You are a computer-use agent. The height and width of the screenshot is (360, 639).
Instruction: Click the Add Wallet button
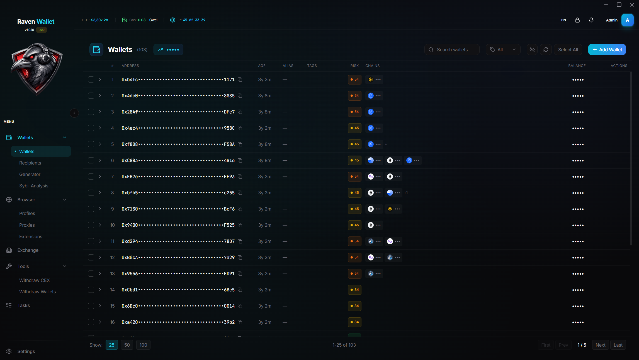(x=607, y=50)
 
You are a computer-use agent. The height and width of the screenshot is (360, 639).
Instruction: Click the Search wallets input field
(x=454, y=50)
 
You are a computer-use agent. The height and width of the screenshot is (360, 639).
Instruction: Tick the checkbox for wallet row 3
(x=91, y=112)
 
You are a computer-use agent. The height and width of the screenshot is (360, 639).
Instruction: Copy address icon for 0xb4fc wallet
(x=240, y=80)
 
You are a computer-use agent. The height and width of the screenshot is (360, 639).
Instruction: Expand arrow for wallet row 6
(x=100, y=160)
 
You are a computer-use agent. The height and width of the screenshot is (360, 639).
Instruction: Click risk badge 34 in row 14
(x=354, y=290)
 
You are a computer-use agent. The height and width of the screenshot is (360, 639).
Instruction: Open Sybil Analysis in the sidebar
(x=34, y=186)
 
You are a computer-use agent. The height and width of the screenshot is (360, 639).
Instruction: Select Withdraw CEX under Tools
(x=34, y=280)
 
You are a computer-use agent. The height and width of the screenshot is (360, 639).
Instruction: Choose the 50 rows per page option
(x=127, y=345)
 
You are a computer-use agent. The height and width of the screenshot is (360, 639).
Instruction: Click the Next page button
(x=600, y=345)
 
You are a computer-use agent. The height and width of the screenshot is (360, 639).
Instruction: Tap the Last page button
(x=618, y=345)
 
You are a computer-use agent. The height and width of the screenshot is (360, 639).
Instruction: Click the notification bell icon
(x=591, y=20)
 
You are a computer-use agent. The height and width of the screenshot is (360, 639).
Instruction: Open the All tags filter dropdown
(x=503, y=50)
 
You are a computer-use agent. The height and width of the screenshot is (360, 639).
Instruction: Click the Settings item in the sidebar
(x=26, y=351)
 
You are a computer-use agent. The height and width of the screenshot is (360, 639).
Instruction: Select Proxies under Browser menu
(x=27, y=225)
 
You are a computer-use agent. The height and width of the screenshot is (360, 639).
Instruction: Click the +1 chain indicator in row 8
(x=406, y=193)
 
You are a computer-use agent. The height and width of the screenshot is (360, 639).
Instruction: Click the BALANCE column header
(x=577, y=66)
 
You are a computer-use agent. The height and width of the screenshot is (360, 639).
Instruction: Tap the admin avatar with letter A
(x=627, y=20)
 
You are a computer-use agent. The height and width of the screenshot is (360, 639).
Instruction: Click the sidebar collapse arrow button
(x=74, y=113)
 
